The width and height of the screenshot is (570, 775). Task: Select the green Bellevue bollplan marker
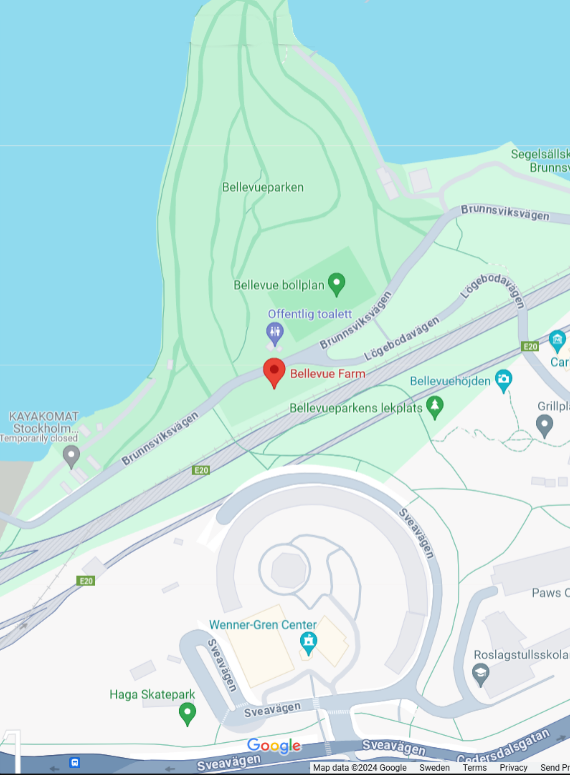coord(336,283)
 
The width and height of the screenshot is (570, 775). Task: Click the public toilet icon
coord(275,332)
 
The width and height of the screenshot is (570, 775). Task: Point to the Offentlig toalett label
coord(310,314)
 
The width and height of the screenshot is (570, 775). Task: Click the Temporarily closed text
coord(39,438)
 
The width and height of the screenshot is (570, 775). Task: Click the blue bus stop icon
coord(74,762)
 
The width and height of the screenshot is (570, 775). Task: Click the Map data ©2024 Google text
coord(359,768)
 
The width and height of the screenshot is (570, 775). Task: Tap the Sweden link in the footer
coord(434,768)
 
